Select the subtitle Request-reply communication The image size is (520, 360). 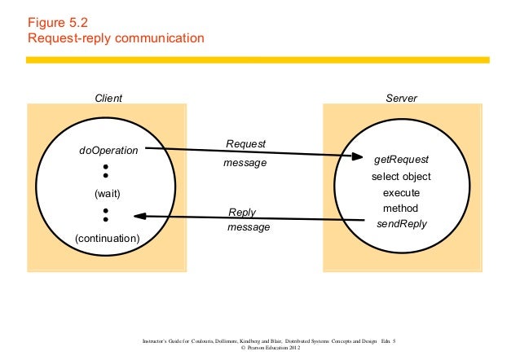tap(116, 38)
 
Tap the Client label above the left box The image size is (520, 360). tap(108, 98)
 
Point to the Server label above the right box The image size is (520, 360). tap(400, 98)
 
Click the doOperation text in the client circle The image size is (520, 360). tap(108, 151)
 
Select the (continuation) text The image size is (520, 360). tap(108, 238)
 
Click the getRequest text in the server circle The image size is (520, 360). tap(400, 160)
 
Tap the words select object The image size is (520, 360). tap(400, 177)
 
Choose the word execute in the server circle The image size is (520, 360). tap(400, 193)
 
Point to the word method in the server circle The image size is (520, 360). tap(400, 209)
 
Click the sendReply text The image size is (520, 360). tap(400, 224)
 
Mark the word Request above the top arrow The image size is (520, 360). tap(246, 144)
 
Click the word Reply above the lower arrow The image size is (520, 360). tap(242, 213)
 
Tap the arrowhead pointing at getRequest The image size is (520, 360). tap(356, 157)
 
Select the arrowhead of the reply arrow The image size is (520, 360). tap(139, 216)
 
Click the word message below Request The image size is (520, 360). tap(245, 163)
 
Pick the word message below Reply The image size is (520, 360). tap(249, 227)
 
